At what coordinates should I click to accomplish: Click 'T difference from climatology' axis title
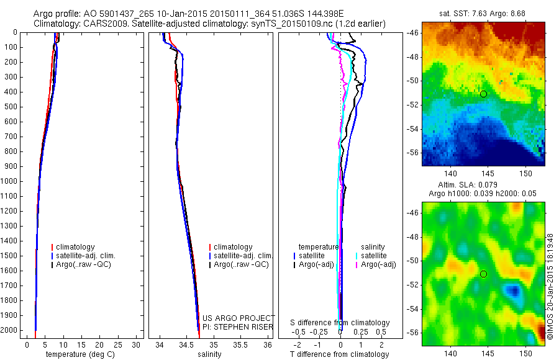click(339, 354)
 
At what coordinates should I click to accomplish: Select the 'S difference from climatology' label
click(340, 323)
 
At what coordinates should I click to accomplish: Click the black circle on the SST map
click(483, 94)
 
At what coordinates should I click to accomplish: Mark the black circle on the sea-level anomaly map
click(483, 274)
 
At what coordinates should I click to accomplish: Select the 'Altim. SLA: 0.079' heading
click(483, 186)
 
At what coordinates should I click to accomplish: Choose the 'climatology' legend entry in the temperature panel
click(75, 247)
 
